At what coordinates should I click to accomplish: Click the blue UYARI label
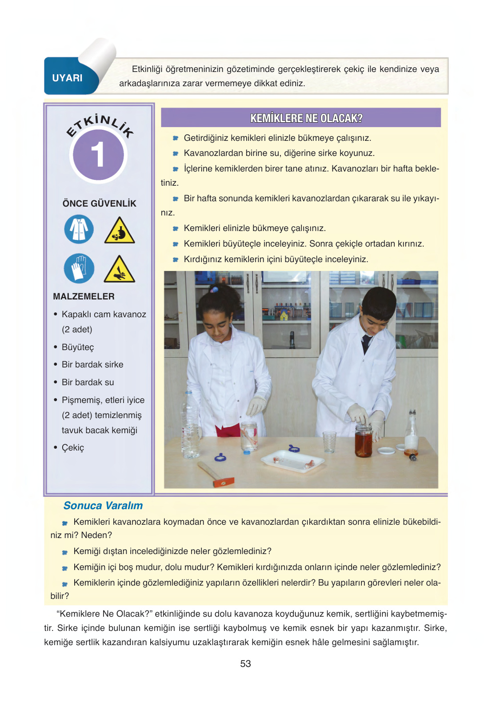67,78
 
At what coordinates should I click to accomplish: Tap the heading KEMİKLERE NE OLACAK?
306,118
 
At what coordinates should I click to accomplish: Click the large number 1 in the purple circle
98,155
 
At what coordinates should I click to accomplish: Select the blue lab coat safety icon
79,229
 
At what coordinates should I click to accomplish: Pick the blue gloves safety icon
79,268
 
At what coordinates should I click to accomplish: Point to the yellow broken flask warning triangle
119,231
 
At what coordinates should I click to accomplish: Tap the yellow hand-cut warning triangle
119,270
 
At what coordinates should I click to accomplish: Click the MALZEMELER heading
84,296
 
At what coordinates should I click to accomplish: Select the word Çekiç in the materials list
73,448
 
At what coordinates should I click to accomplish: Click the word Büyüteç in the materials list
78,347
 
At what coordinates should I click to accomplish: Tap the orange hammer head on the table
224,482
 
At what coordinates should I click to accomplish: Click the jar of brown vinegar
364,441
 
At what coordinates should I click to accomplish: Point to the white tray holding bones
292,461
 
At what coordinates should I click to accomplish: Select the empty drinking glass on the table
329,442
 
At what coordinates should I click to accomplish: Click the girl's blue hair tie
213,290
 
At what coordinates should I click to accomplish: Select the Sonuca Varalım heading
103,506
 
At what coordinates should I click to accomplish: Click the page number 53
246,663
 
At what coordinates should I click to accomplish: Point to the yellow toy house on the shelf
284,316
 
